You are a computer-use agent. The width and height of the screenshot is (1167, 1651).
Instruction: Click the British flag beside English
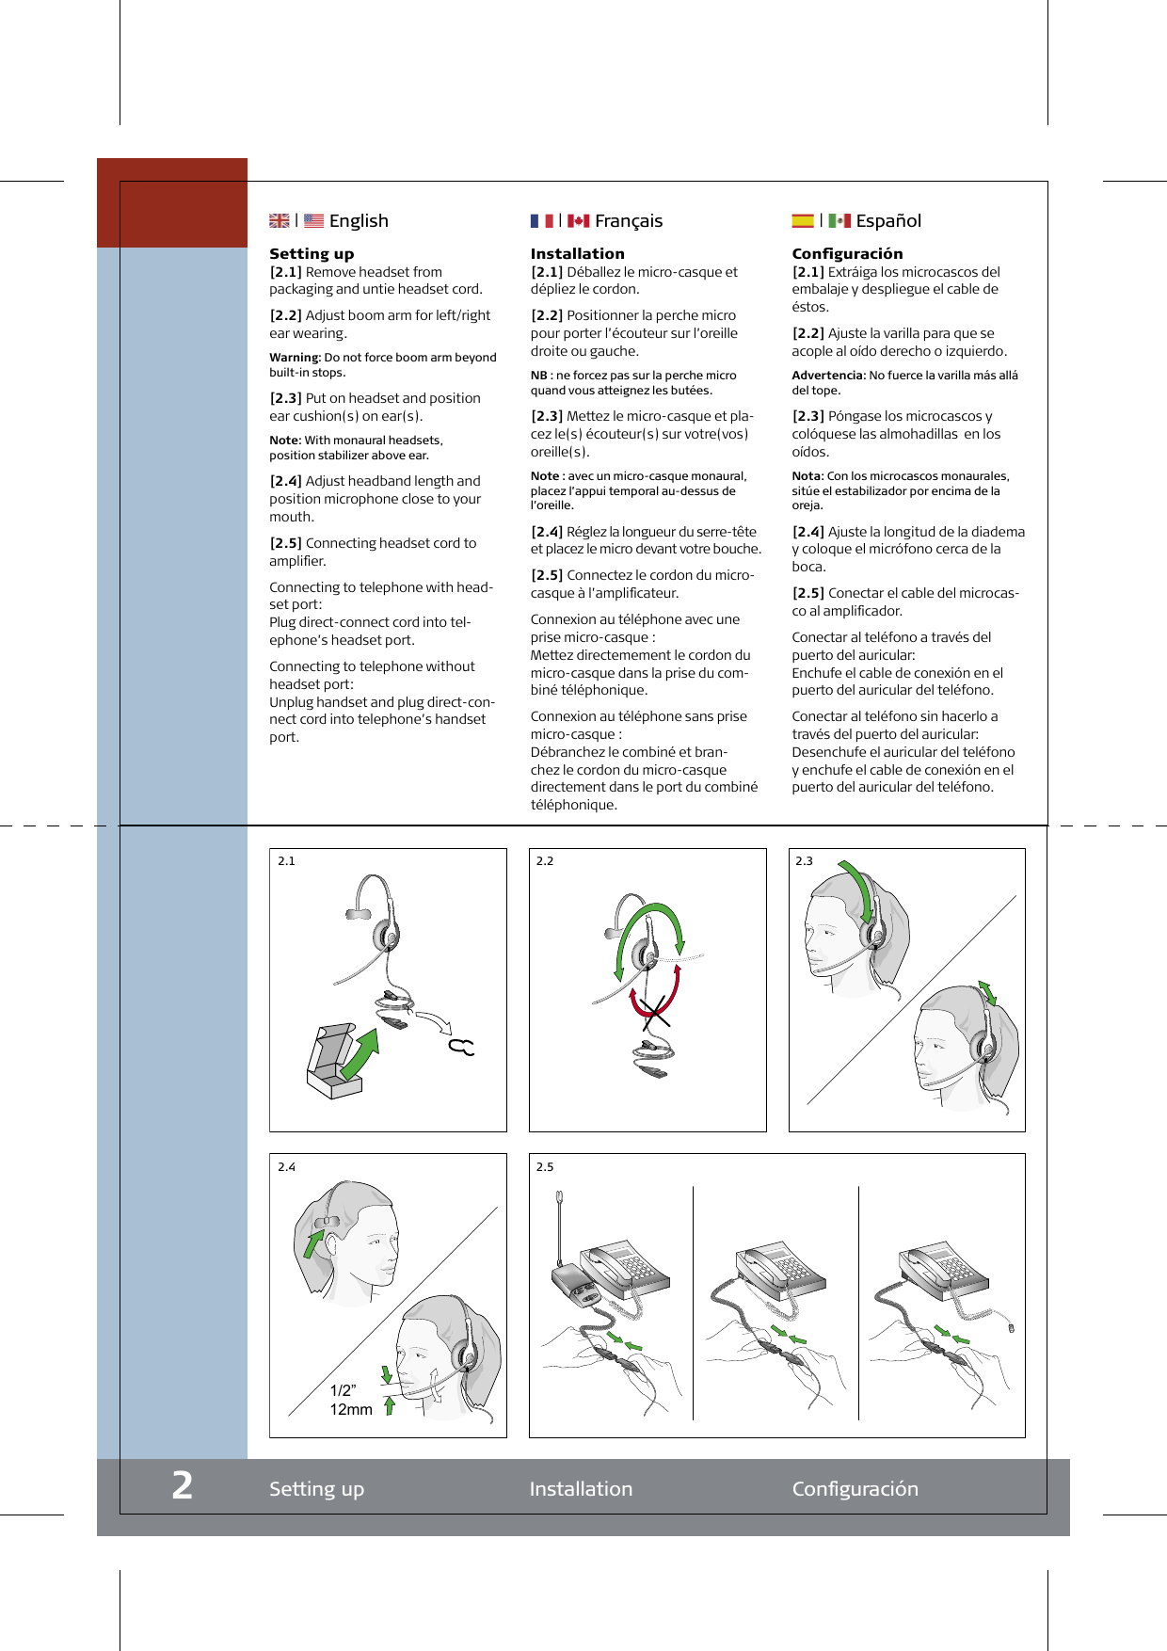[x=280, y=221]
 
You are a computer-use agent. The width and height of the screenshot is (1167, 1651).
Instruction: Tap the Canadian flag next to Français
[x=578, y=221]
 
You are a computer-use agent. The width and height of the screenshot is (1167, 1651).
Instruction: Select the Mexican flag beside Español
[x=839, y=221]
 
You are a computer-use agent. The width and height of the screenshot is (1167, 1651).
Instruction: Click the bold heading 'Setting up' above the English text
[x=312, y=253]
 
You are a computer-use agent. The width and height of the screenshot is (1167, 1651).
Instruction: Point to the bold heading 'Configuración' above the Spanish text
[x=847, y=253]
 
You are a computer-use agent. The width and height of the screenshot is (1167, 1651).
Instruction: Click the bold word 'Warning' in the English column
[x=294, y=358]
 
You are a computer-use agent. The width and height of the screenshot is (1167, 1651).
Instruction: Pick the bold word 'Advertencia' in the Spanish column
[x=826, y=376]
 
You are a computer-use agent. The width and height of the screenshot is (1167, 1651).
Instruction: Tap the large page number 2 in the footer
[x=183, y=1486]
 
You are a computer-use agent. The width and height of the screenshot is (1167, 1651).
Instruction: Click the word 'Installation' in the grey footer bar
[x=581, y=1489]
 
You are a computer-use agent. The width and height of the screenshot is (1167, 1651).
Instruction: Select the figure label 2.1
[x=286, y=861]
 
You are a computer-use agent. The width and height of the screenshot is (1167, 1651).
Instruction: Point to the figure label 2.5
[x=545, y=1167]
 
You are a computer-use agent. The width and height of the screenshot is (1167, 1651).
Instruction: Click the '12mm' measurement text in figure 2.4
[x=351, y=1410]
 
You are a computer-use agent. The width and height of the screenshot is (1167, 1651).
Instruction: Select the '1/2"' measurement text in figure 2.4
[x=343, y=1390]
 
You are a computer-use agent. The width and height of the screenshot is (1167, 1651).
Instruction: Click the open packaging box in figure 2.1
[x=331, y=1064]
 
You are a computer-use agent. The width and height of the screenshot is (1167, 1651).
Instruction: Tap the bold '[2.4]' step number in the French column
[x=547, y=532]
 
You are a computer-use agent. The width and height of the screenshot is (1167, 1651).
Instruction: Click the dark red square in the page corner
[x=172, y=202]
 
